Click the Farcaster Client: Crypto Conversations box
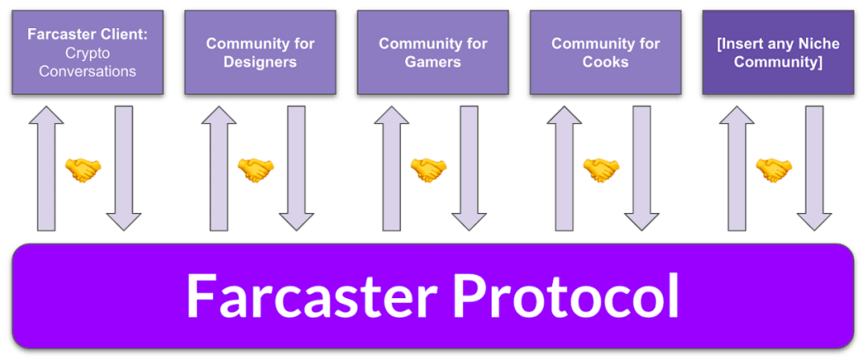click(x=88, y=52)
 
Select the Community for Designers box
click(x=260, y=52)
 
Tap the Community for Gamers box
click(x=433, y=52)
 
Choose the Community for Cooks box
click(x=606, y=52)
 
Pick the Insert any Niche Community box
click(x=778, y=52)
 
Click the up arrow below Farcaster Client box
click(x=47, y=169)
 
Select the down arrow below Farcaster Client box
click(x=124, y=169)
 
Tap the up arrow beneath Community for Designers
click(x=219, y=169)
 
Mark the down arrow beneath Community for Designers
click(x=296, y=169)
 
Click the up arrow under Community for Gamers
click(x=392, y=169)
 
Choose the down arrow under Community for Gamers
click(x=469, y=169)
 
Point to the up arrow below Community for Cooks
click(x=565, y=169)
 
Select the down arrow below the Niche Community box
click(x=814, y=169)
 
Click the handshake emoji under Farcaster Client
click(x=83, y=170)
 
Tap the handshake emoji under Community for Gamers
click(x=428, y=170)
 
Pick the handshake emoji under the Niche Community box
click(x=774, y=170)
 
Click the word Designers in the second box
click(x=260, y=62)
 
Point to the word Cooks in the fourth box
click(x=606, y=61)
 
